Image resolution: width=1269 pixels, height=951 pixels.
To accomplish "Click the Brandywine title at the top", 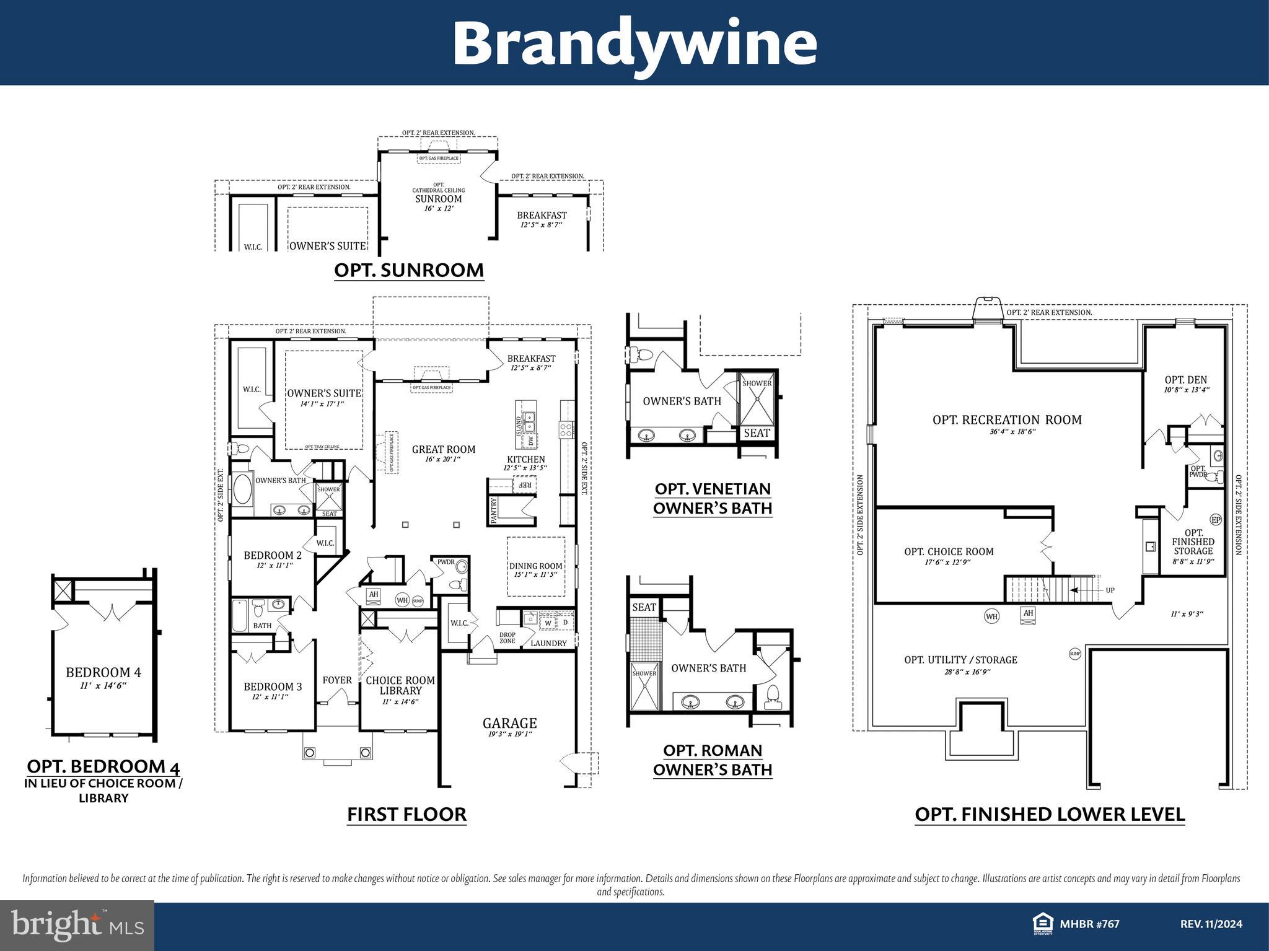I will coord(634,43).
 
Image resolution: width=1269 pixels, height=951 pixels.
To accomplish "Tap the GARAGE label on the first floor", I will coord(509,723).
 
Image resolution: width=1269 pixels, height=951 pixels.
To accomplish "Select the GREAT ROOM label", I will coord(444,449).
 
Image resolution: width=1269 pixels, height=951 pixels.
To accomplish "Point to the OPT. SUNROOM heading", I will coord(409,271).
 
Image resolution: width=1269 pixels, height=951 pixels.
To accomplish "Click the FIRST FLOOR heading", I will coord(406,814).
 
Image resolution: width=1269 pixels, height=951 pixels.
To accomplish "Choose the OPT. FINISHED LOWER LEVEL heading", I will coord(1050,814).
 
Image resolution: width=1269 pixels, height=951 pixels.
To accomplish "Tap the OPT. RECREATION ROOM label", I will coord(1007,420).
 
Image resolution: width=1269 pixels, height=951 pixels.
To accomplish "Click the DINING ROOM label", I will coord(535,566).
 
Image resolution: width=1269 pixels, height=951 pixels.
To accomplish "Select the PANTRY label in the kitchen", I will coord(494,511).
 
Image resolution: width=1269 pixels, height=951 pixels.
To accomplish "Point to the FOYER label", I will coord(337,680).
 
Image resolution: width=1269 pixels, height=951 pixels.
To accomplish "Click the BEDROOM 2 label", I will coord(273,555).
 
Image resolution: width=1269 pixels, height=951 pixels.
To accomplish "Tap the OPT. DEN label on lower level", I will coord(1185,380).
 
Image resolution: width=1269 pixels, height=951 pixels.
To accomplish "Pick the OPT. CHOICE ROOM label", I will coord(949,551).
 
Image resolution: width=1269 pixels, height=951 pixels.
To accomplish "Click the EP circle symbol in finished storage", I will coord(1215,520).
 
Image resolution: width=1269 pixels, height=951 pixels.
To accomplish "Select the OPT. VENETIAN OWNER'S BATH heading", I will coord(713,498).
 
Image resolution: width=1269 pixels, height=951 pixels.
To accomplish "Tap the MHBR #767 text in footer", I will coord(1089,924).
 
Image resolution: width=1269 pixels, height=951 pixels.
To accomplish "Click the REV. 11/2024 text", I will coord(1211,924).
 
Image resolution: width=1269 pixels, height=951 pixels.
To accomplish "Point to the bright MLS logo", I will coord(77,926).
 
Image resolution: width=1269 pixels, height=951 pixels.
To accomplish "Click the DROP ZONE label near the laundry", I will coord(507,638).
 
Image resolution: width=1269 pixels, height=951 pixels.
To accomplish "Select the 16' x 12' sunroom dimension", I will coord(439,209).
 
